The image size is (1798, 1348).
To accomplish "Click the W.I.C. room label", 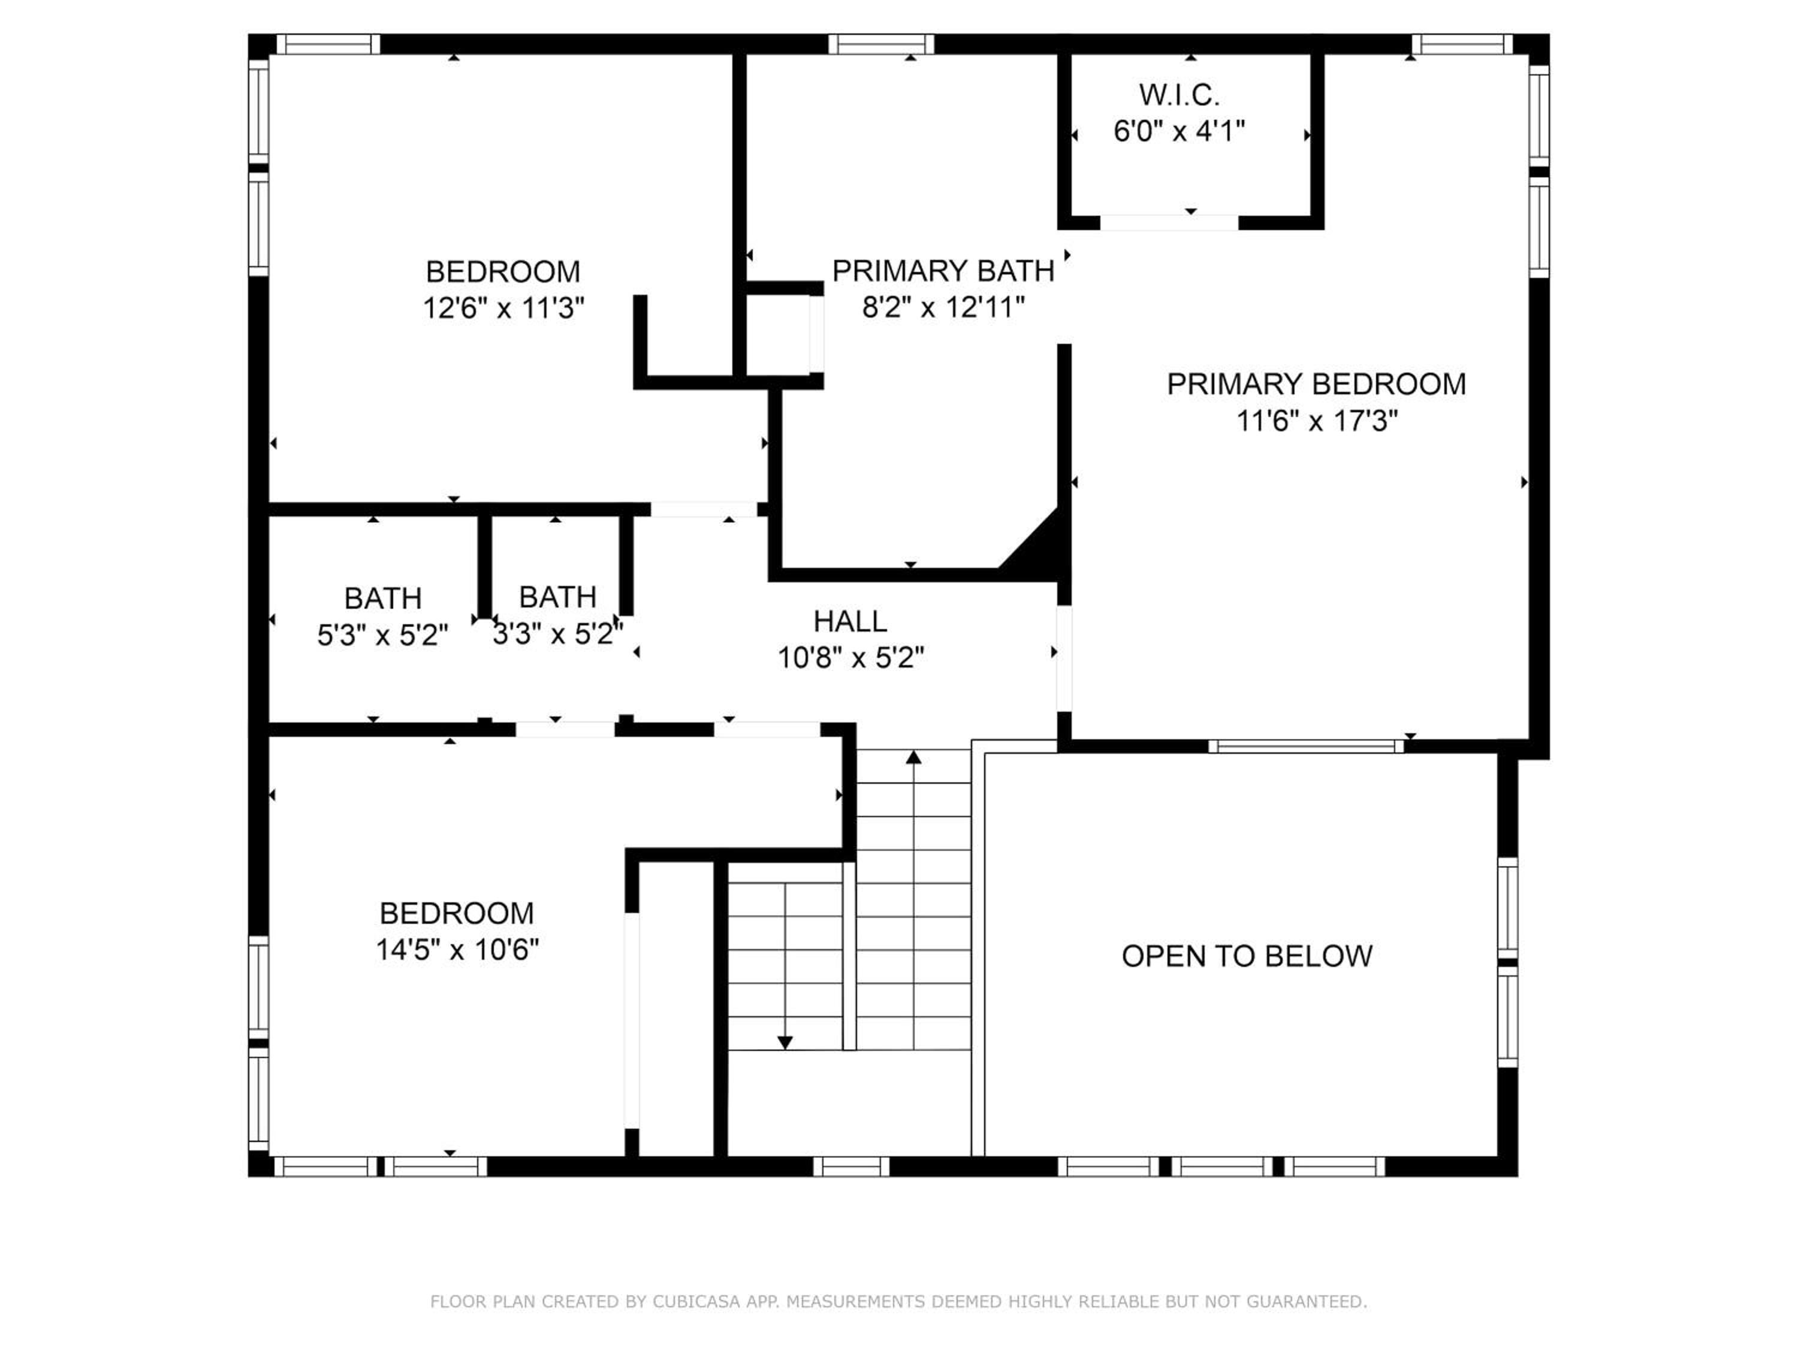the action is [1179, 95].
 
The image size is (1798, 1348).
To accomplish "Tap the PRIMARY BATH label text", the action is [943, 271].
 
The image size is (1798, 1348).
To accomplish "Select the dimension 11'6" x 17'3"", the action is [1317, 421].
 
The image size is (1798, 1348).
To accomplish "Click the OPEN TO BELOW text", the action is [1247, 956].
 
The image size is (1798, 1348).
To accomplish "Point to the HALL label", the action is [850, 622].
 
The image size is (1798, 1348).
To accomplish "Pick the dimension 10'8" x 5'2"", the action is [851, 657].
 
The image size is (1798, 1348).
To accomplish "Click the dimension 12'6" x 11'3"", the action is [503, 308].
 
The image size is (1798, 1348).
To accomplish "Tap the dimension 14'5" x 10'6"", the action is [457, 949].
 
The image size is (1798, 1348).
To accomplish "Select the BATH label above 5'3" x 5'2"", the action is [383, 599].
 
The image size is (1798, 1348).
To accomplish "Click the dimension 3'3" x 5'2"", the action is [557, 634].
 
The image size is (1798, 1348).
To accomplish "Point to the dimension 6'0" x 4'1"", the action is [1179, 131].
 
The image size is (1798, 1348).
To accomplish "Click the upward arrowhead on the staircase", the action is [913, 757].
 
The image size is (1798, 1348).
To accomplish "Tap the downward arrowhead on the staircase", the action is [785, 1042].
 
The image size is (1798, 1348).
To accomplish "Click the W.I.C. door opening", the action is [1169, 223].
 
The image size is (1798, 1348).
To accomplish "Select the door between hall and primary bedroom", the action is [1064, 658].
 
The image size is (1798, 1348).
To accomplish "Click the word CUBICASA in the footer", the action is [696, 1302].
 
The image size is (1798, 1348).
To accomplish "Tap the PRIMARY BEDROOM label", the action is [1317, 385].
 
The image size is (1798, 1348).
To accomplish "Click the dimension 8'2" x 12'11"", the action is [943, 307].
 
